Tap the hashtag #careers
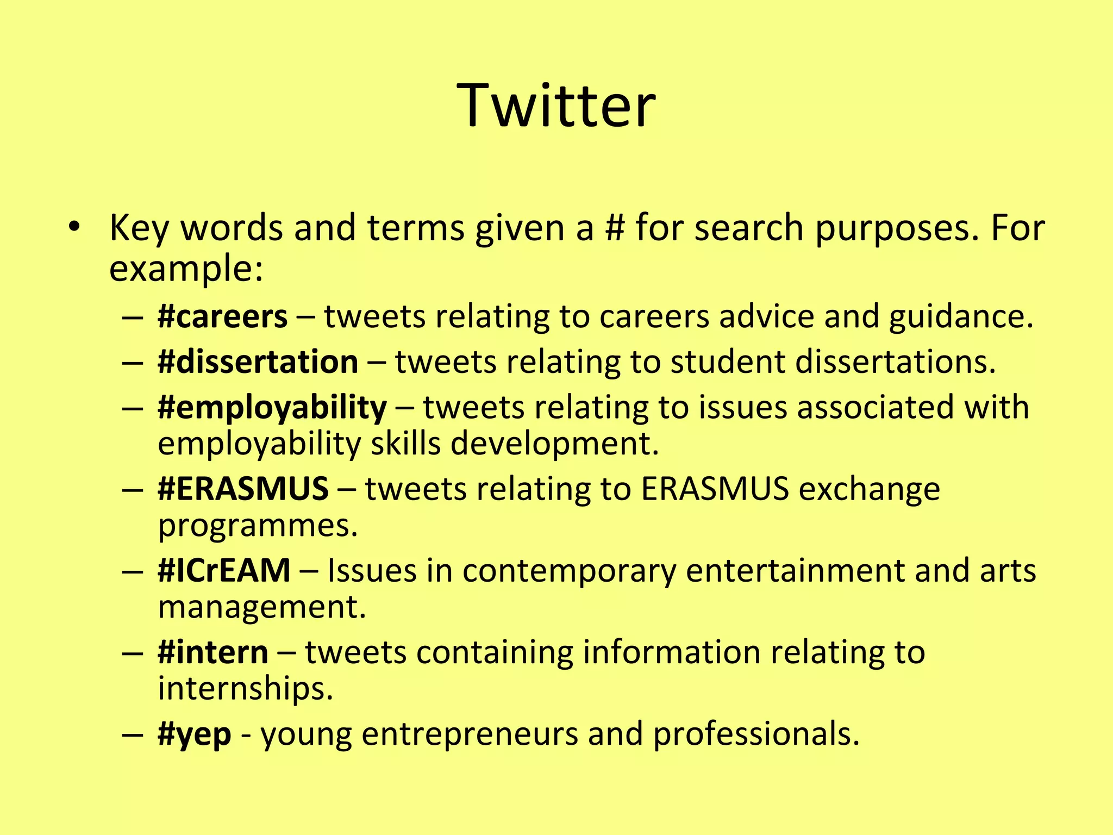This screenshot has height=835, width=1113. (x=222, y=316)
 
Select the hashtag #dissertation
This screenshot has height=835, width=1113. (x=258, y=362)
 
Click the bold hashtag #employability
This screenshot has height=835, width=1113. (x=272, y=408)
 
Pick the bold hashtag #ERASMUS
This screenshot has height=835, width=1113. (x=243, y=489)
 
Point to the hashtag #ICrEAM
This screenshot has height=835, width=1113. (x=224, y=570)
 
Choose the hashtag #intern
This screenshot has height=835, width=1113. (x=212, y=652)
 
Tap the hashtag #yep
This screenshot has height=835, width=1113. (x=194, y=734)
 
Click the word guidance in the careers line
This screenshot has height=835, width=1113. (x=960, y=316)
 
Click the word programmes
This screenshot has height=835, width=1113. (x=258, y=526)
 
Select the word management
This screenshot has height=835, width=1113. (x=261, y=607)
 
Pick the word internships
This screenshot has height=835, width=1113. (x=245, y=688)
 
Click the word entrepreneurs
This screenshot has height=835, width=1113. (x=470, y=734)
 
